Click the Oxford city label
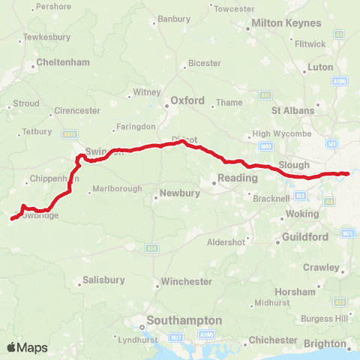coord(187,99)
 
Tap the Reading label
coord(237,178)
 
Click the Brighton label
coord(325,343)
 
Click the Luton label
coord(320,67)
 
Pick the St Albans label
coord(292,109)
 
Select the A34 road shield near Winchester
coord(152,247)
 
